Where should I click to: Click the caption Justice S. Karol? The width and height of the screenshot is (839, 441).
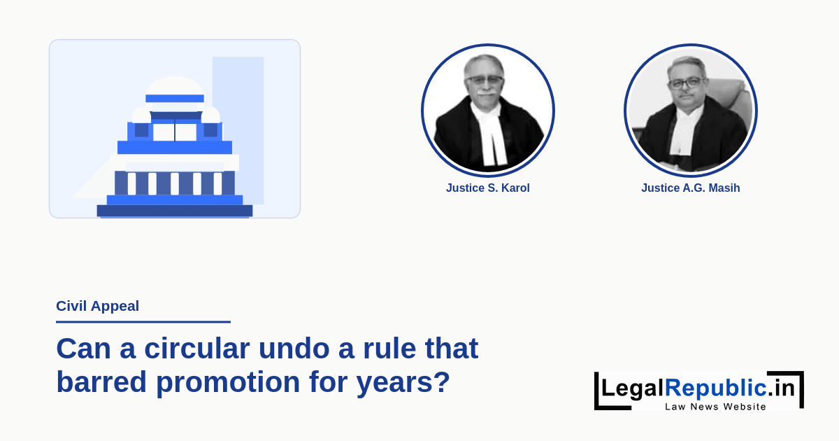488,188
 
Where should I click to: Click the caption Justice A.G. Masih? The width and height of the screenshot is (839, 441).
691,188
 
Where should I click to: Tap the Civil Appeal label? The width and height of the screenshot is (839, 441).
97,306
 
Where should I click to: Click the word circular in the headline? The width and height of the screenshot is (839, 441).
197,349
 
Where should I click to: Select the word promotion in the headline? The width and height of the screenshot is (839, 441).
228,382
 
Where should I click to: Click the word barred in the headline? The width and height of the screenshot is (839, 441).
101,381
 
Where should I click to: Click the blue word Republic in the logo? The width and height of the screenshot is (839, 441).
716,388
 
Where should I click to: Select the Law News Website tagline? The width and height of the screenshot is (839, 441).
715,407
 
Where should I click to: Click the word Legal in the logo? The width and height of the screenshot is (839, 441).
633,388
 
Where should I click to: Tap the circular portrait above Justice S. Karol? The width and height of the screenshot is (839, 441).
488,111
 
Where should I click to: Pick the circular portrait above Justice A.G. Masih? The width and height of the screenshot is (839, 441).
691,111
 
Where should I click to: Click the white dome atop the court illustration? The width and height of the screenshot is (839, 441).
175,86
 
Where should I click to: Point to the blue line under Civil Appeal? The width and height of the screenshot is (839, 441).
143,322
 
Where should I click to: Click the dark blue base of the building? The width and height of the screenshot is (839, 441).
175,211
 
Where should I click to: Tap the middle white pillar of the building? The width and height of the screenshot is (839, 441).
175,183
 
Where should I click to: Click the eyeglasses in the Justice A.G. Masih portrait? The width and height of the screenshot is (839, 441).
687,83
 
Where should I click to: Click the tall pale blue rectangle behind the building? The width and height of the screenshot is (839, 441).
238,130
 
